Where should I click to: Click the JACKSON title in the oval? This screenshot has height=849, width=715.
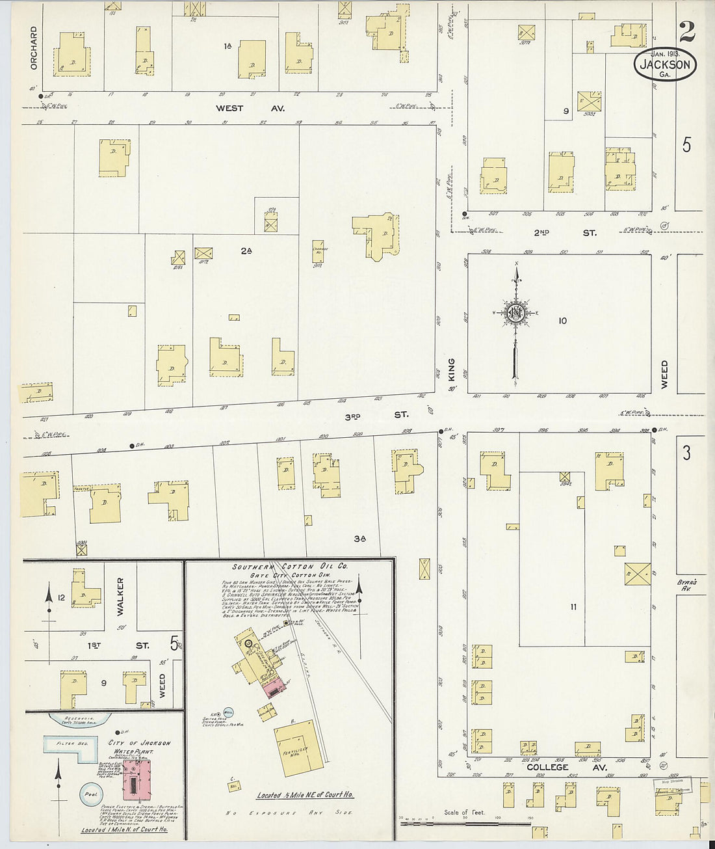tap(664, 64)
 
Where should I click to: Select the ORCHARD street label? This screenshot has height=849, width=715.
tap(34, 47)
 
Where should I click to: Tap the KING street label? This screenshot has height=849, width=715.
tap(451, 369)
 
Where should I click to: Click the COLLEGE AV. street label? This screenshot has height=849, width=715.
tap(547, 767)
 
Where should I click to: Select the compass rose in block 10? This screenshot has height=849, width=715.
tap(515, 313)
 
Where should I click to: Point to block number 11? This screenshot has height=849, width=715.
tap(573, 607)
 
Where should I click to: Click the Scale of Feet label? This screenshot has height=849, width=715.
tap(464, 813)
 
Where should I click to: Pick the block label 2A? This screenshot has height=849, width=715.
tap(245, 250)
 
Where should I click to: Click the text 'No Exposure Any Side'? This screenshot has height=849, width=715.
tap(290, 813)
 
